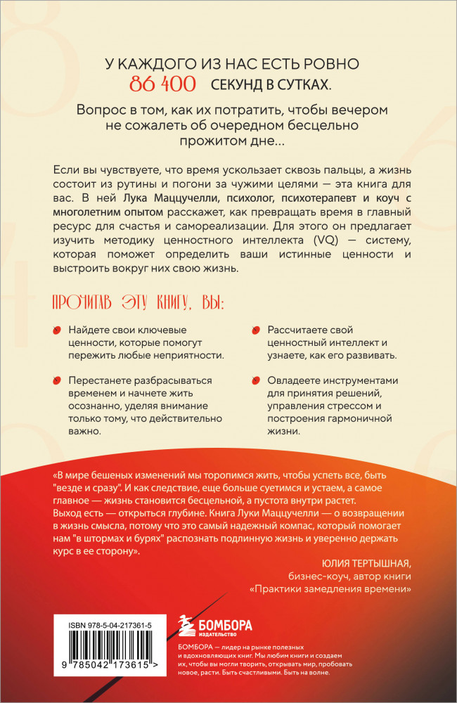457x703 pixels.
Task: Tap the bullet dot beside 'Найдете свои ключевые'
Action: pyautogui.click(x=57, y=331)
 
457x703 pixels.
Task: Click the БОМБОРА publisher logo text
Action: pyautogui.click(x=224, y=623)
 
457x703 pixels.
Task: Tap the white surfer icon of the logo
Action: pyautogui.click(x=181, y=624)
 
